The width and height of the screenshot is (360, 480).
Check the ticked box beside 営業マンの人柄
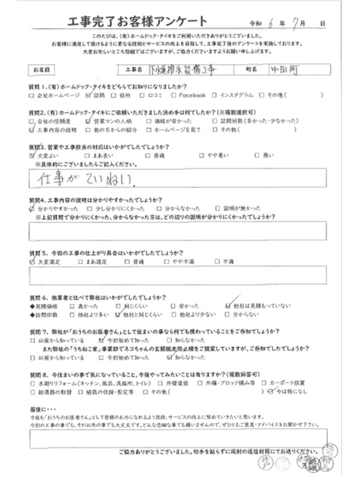tap(88, 121)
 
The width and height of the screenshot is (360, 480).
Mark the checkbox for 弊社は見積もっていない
tap(228, 304)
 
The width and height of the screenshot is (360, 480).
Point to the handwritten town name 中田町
tap(281, 70)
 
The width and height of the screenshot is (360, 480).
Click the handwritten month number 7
tap(297, 23)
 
